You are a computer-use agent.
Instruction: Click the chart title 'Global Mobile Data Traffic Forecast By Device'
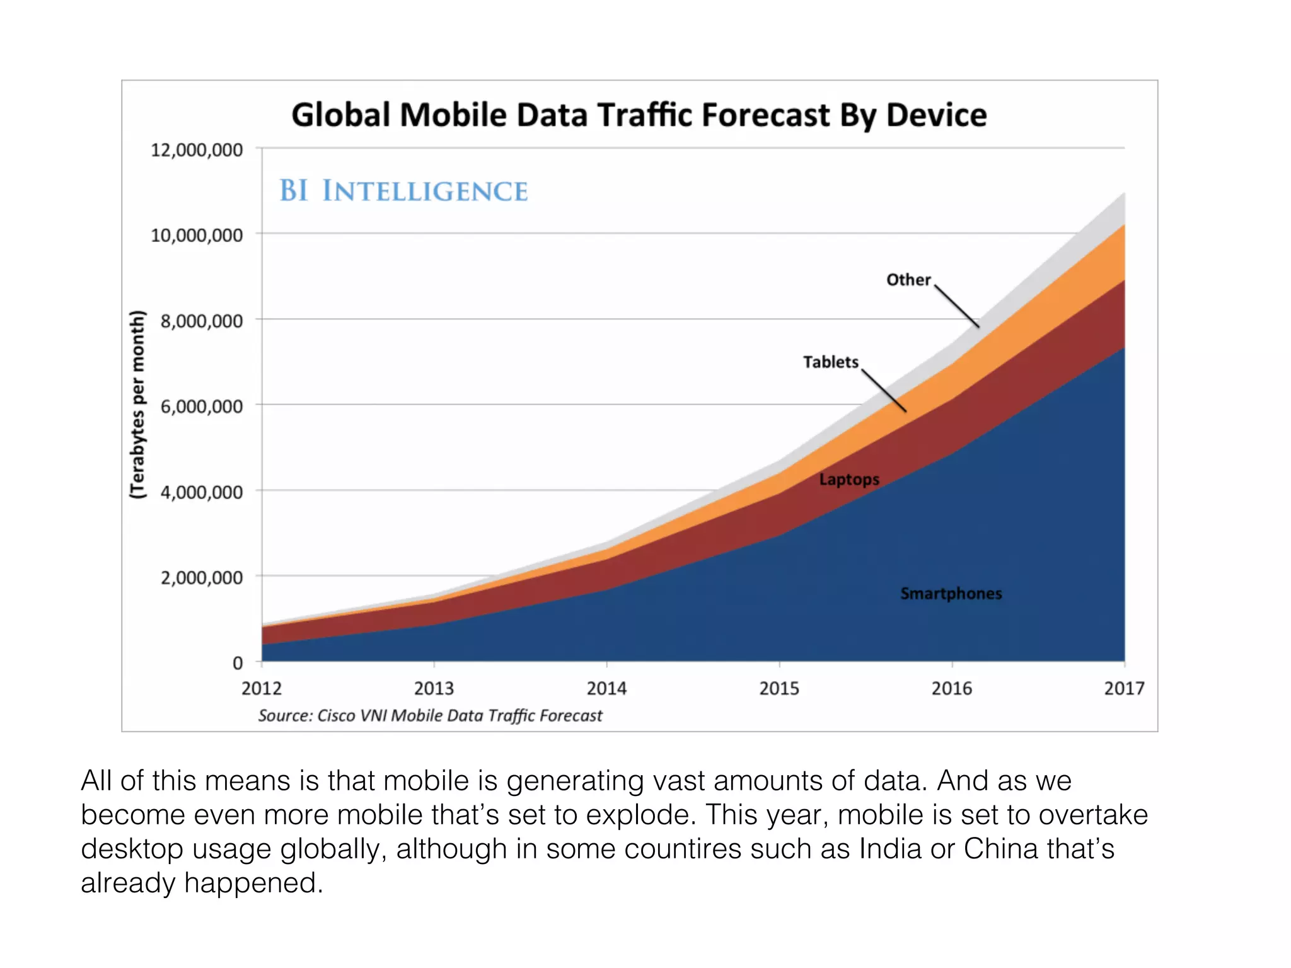639,115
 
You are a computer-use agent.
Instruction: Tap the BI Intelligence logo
403,191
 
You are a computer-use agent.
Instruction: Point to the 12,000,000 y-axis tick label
197,150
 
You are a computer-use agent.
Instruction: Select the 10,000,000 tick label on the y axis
197,236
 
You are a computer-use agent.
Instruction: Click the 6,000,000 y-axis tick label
202,406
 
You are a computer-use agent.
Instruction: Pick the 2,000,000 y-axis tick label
202,577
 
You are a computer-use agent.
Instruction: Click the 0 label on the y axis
238,663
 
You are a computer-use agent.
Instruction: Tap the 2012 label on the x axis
262,688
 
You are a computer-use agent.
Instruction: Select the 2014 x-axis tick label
606,688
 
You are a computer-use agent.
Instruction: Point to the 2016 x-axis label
952,688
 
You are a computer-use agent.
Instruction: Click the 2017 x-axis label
1124,688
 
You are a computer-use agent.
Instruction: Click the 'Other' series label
908,280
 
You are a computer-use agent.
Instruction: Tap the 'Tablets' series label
830,362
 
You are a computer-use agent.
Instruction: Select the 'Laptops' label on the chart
849,480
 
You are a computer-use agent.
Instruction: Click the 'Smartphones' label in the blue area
951,594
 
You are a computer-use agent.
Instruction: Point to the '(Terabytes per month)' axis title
137,405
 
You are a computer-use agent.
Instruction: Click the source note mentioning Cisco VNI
430,716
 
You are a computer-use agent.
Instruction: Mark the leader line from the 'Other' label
957,307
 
